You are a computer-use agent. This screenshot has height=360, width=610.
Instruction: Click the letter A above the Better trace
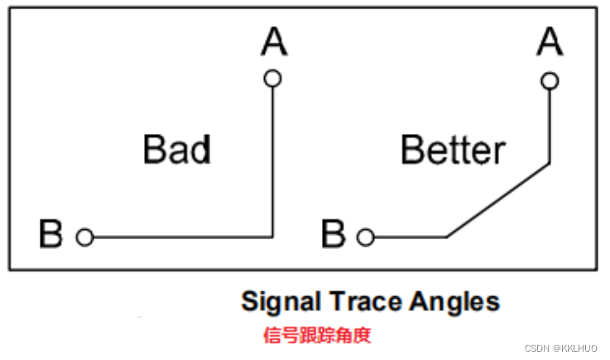point(549,41)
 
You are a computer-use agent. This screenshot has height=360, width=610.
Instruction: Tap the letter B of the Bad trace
point(51,235)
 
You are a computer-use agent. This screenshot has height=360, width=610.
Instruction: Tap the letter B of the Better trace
point(333,235)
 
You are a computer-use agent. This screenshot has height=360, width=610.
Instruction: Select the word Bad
point(176,150)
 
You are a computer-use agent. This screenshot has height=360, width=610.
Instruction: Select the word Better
point(452,150)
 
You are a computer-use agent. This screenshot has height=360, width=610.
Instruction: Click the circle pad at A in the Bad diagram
point(272,79)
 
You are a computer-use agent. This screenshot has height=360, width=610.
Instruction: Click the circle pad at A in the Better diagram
point(549,80)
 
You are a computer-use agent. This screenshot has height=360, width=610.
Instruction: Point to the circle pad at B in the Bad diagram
point(84,238)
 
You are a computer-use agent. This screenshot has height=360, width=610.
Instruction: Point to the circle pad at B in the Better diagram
point(365,238)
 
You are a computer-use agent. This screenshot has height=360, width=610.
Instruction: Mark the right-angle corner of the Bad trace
point(272,238)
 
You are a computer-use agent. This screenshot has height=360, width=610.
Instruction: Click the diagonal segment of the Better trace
point(498,200)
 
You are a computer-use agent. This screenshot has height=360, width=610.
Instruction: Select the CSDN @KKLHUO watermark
point(564,348)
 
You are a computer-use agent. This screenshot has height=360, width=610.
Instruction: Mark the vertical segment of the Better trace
point(549,124)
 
